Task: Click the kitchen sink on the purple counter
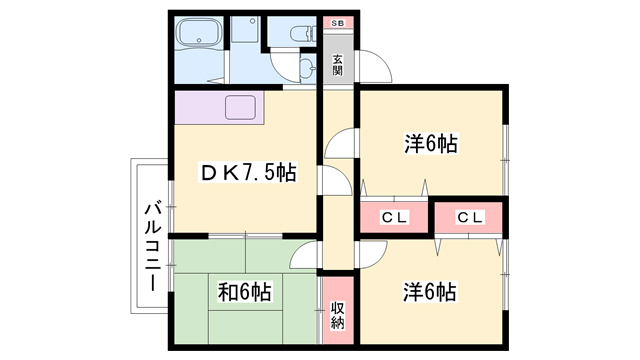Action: (240, 107)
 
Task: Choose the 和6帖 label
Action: (244, 293)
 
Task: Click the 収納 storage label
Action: (338, 310)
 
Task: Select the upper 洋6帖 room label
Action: (431, 145)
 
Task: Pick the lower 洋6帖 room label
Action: (430, 292)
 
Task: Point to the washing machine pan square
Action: (245, 33)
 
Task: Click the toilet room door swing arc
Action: (289, 70)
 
